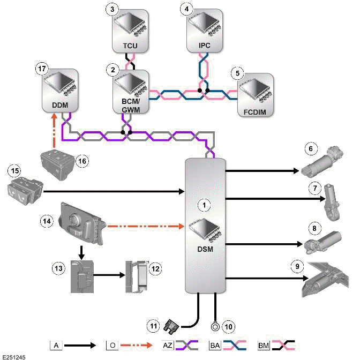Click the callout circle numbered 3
pos(111,10)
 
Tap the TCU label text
pos(131,46)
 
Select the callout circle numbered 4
pos(186,10)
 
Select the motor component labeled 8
pos(323,243)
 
